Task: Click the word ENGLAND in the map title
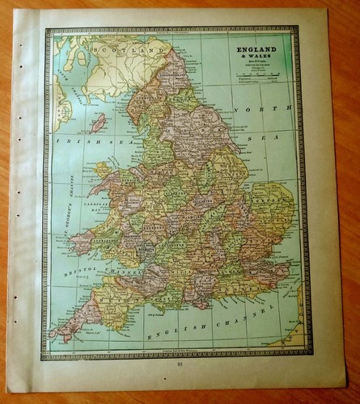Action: (x=254, y=49)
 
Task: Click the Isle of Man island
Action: (x=98, y=122)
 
